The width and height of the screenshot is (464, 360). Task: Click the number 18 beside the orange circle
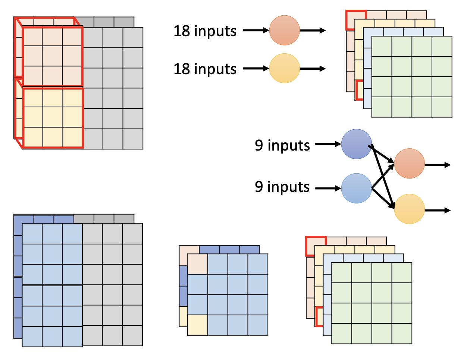[x=182, y=31]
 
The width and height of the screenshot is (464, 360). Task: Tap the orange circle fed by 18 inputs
[x=285, y=30]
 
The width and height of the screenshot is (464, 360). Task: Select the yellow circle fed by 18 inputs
[x=285, y=68]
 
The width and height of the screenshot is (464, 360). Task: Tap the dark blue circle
[x=357, y=144]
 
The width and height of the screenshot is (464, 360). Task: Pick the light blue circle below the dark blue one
[x=357, y=188]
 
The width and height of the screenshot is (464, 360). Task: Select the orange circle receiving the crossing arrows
[x=409, y=164]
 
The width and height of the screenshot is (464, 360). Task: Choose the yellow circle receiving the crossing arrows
[x=409, y=209]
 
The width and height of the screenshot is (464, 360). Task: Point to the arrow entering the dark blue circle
[x=328, y=144]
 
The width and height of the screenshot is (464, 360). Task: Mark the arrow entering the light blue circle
[x=328, y=189]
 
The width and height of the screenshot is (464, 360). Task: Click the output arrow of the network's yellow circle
[x=438, y=211]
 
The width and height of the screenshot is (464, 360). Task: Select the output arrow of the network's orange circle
[x=438, y=165]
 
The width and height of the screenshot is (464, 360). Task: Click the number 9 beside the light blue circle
[x=259, y=186]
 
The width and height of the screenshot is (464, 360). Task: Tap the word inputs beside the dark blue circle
[x=289, y=146]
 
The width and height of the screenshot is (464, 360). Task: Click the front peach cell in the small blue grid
[x=198, y=264]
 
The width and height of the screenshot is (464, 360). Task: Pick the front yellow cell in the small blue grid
[x=198, y=325]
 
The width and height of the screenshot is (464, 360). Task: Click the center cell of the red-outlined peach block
[x=52, y=56]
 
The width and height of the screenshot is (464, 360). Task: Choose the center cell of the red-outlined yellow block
[x=53, y=117]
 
